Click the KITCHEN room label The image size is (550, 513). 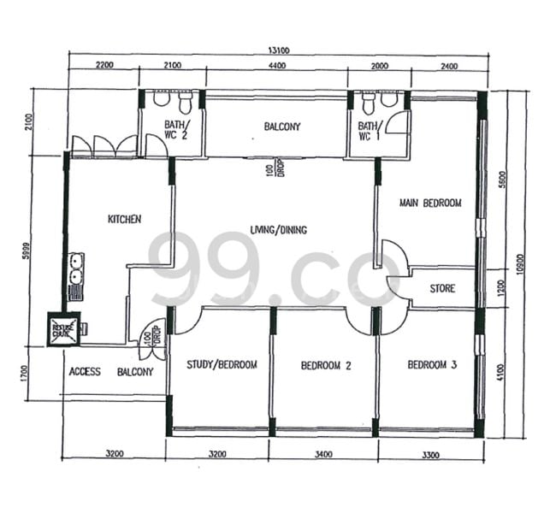tap(124, 220)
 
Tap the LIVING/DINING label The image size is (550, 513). tap(278, 230)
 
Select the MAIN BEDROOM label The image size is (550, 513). tap(430, 203)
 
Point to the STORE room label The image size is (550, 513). tap(441, 289)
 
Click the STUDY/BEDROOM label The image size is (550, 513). tap(222, 365)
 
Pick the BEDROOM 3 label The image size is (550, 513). tap(432, 365)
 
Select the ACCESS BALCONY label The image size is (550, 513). tap(110, 372)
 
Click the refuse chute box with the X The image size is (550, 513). tap(64, 328)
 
